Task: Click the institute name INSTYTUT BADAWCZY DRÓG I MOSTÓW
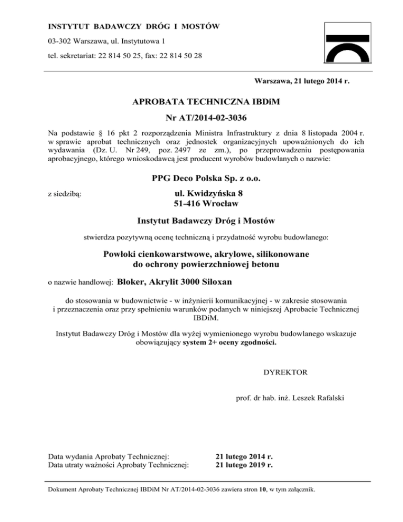tap(133, 26)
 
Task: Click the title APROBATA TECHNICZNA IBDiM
tap(206, 103)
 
